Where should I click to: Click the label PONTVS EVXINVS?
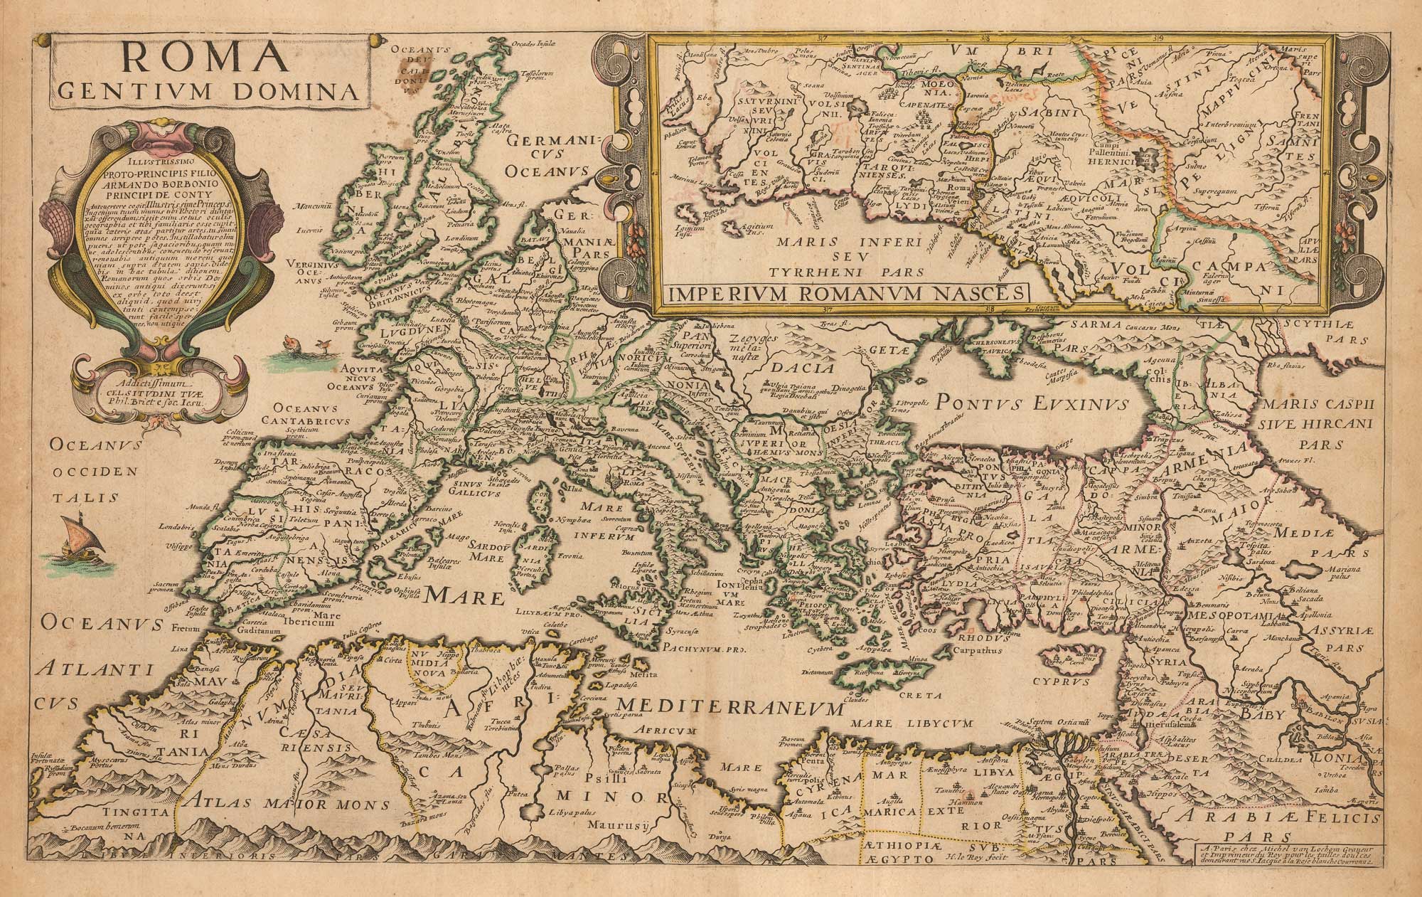1030,403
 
